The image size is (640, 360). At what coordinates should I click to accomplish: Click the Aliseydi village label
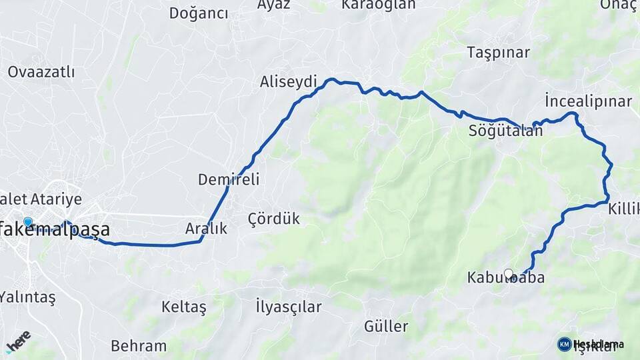(x=288, y=81)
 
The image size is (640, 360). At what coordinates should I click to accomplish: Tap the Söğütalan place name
(x=505, y=131)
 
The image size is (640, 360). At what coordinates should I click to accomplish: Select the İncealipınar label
(x=587, y=101)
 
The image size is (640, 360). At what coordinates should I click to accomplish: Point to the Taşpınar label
(x=498, y=52)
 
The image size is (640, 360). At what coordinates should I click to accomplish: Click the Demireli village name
(x=228, y=179)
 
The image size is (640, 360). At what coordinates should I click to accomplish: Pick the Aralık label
(x=206, y=229)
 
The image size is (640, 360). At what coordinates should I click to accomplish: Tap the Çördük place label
(x=273, y=219)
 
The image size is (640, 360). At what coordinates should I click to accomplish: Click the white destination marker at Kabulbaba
(x=509, y=273)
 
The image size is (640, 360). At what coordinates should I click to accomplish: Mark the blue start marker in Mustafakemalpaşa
(x=27, y=221)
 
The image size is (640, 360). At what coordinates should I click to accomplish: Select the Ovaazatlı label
(x=41, y=72)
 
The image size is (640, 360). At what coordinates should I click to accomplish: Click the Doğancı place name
(x=198, y=13)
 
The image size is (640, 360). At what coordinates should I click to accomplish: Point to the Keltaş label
(x=184, y=307)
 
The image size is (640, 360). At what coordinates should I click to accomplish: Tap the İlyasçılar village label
(x=288, y=307)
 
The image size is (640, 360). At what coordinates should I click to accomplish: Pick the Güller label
(x=386, y=327)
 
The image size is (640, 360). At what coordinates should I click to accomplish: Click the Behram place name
(x=139, y=346)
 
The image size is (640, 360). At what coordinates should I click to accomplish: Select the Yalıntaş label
(x=28, y=297)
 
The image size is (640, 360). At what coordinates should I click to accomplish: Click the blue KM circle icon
(x=564, y=344)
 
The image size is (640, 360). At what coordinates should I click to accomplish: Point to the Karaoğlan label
(x=378, y=5)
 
